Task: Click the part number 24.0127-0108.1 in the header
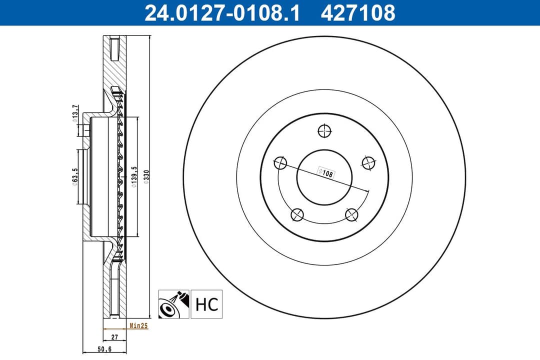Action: click(x=222, y=13)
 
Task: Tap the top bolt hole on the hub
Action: click(x=324, y=131)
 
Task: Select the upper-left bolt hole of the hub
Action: click(x=280, y=162)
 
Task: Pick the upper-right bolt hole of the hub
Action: click(x=368, y=162)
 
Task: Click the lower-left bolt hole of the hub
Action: click(x=297, y=214)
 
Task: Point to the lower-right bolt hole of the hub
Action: click(x=352, y=215)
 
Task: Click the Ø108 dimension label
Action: click(x=325, y=172)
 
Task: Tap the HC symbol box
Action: click(x=206, y=304)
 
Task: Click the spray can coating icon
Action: click(x=173, y=304)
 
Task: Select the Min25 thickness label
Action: click(x=138, y=325)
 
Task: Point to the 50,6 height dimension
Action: click(x=104, y=349)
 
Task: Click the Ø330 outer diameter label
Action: click(x=146, y=176)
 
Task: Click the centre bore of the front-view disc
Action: click(x=324, y=177)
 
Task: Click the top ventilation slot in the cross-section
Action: click(x=114, y=49)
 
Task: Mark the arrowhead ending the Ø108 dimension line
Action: click(x=368, y=192)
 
